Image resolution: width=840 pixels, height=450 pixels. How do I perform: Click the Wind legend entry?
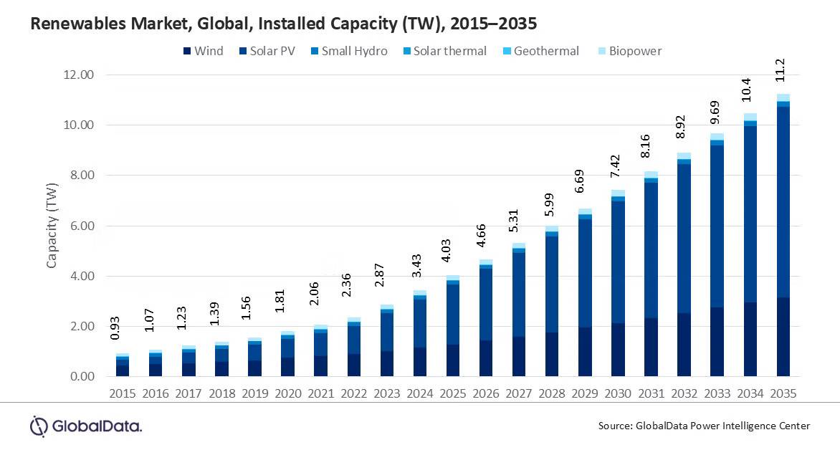point(204,51)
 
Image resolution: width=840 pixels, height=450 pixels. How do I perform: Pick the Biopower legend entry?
point(631,51)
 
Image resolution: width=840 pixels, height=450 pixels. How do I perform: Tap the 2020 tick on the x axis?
point(287,393)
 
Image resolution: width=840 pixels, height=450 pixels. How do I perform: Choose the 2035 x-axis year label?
point(783,393)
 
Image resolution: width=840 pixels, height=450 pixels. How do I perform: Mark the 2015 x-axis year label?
point(123,393)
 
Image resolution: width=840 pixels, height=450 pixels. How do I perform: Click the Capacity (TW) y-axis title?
point(52,226)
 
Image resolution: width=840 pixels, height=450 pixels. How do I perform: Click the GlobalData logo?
point(86,426)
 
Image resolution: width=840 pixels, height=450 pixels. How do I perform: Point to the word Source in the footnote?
point(615,426)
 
